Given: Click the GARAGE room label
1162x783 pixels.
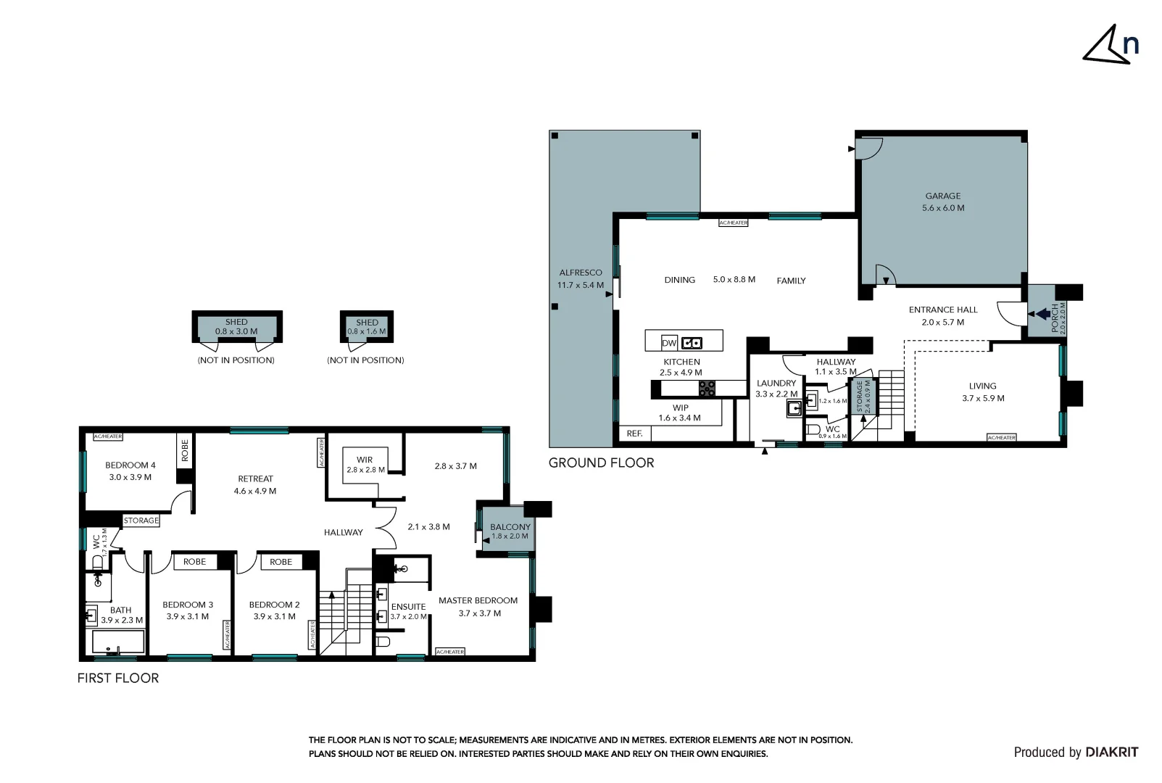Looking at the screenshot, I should point(942,196).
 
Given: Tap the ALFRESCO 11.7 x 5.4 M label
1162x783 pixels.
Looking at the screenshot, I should point(580,279).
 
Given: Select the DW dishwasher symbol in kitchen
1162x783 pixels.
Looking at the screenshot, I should point(668,343).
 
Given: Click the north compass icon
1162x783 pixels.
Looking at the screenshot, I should point(1110,45).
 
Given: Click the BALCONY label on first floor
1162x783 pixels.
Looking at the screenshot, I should point(510,528).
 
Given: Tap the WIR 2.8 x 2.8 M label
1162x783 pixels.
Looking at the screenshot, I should point(365,465).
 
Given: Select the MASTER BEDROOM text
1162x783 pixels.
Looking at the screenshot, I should point(478,600).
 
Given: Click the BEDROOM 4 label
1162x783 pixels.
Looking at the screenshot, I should point(130,465).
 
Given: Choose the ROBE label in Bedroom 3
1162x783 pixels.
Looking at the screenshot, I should point(194,562).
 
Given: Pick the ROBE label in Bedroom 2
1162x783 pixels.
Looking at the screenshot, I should point(281,562).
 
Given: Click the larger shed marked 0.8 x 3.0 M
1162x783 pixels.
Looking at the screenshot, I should point(236,327).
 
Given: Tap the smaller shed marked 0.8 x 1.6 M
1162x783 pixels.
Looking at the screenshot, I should point(367,327).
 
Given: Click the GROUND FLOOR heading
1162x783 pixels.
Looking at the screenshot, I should point(601,463).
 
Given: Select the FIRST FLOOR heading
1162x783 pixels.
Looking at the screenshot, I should point(118,679).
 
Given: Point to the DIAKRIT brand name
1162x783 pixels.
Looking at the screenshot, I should point(1111,753).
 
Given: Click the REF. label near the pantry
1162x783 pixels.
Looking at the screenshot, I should point(634,434).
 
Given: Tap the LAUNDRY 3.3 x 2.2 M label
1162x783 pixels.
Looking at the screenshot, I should point(776,389).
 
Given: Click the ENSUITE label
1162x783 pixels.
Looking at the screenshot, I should point(408,607).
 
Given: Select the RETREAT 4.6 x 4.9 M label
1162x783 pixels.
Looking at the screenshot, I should point(255,484).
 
